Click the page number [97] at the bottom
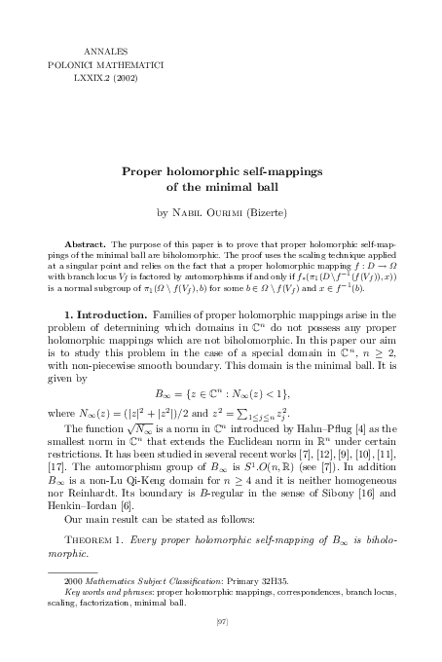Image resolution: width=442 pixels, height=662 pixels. click(x=221, y=645)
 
